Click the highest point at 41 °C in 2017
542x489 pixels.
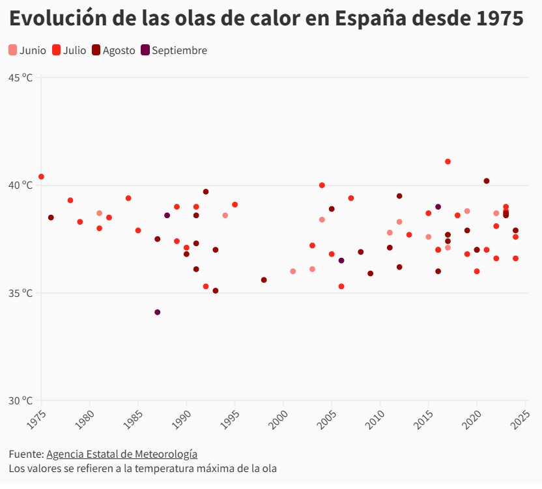point(448,161)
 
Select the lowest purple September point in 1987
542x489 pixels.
point(157,313)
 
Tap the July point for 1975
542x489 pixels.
point(41,176)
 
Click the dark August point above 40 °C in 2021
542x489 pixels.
point(487,181)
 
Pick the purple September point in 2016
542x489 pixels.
point(438,207)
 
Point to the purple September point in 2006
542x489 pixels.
point(341,260)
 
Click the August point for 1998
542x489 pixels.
point(264,280)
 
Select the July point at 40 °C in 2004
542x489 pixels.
point(322,186)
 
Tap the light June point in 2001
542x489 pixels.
point(293,272)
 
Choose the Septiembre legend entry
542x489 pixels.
point(174,50)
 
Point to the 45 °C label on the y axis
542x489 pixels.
point(20,77)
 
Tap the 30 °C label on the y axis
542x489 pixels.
point(20,400)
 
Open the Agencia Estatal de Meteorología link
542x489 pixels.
point(122,454)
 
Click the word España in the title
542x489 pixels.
point(369,19)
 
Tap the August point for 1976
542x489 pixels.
point(51,217)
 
